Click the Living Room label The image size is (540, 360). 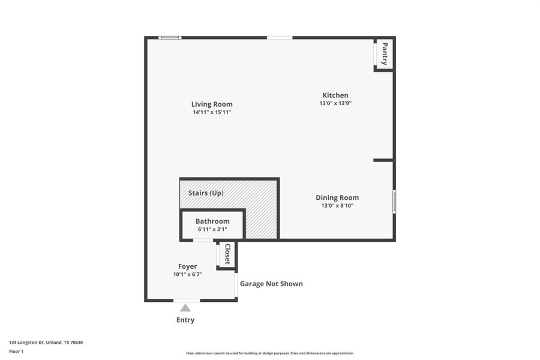pos(212,104)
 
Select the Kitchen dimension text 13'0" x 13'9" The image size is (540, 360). pos(335,103)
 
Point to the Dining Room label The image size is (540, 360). pos(337,197)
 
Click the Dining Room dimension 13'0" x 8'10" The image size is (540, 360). pos(337,206)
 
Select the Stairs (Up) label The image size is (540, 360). pos(206,193)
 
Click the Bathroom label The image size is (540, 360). pos(212,221)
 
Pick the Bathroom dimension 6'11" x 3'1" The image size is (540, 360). pos(212,229)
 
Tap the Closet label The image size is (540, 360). pos(227,254)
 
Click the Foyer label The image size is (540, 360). pos(187,266)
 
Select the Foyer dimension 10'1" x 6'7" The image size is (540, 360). pos(187,275)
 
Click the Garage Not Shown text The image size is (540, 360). pos(271,284)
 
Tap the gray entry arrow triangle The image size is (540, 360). pos(185,308)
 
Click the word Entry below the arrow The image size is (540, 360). pos(185,320)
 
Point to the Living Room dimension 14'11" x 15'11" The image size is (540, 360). pos(212,112)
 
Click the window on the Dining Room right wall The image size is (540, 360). pos(394,202)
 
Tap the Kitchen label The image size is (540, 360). pos(335,95)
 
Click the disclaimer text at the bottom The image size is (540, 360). pos(270,353)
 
